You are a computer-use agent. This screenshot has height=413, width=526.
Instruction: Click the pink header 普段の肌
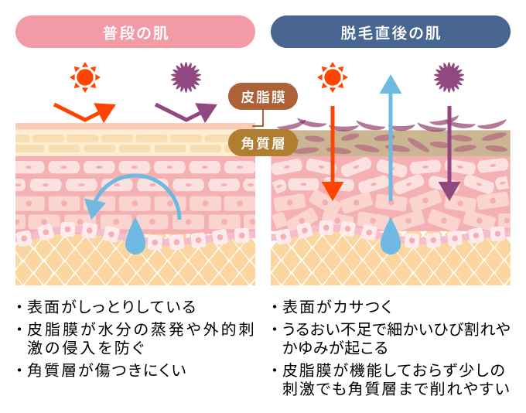point(135,32)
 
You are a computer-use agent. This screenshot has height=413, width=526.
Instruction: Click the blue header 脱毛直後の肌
point(390,32)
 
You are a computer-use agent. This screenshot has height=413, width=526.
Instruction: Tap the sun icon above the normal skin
point(85,77)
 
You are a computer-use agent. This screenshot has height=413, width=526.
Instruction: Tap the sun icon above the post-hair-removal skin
point(332,77)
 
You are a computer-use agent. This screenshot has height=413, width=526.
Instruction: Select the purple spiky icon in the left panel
point(186,77)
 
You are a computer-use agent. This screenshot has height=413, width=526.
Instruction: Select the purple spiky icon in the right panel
point(449,77)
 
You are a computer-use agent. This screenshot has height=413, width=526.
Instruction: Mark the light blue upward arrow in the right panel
point(391,139)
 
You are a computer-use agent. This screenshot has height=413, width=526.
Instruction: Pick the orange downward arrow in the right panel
point(332,155)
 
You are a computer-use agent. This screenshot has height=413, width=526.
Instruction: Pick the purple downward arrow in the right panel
point(449,155)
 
